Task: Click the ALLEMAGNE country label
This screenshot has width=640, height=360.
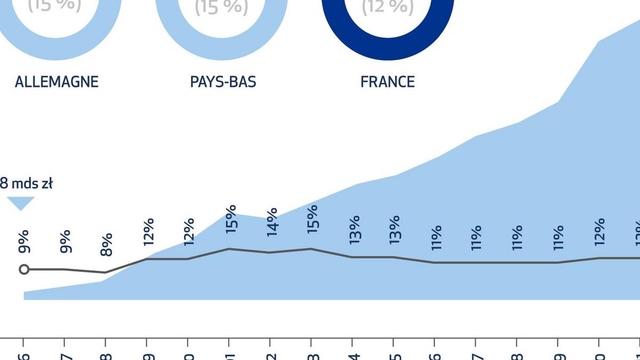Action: point(57,82)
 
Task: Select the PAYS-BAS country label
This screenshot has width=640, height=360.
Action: point(223,82)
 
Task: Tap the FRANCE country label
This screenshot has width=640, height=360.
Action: point(388,82)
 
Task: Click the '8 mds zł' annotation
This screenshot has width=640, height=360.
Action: point(26,184)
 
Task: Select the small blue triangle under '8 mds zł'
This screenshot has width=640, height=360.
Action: point(21,203)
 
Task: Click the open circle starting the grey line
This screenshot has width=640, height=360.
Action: point(24,269)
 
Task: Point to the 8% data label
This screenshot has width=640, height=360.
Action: point(107,245)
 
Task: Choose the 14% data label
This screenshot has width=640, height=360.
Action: point(271,221)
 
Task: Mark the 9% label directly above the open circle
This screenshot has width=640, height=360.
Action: point(24,242)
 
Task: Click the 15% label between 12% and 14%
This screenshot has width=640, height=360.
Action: point(230,218)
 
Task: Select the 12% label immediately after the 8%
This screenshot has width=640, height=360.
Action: point(148,231)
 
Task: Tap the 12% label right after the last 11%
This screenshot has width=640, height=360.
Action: point(599,231)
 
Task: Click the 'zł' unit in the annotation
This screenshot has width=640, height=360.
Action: point(46,184)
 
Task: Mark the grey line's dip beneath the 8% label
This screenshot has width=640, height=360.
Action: point(106,273)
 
